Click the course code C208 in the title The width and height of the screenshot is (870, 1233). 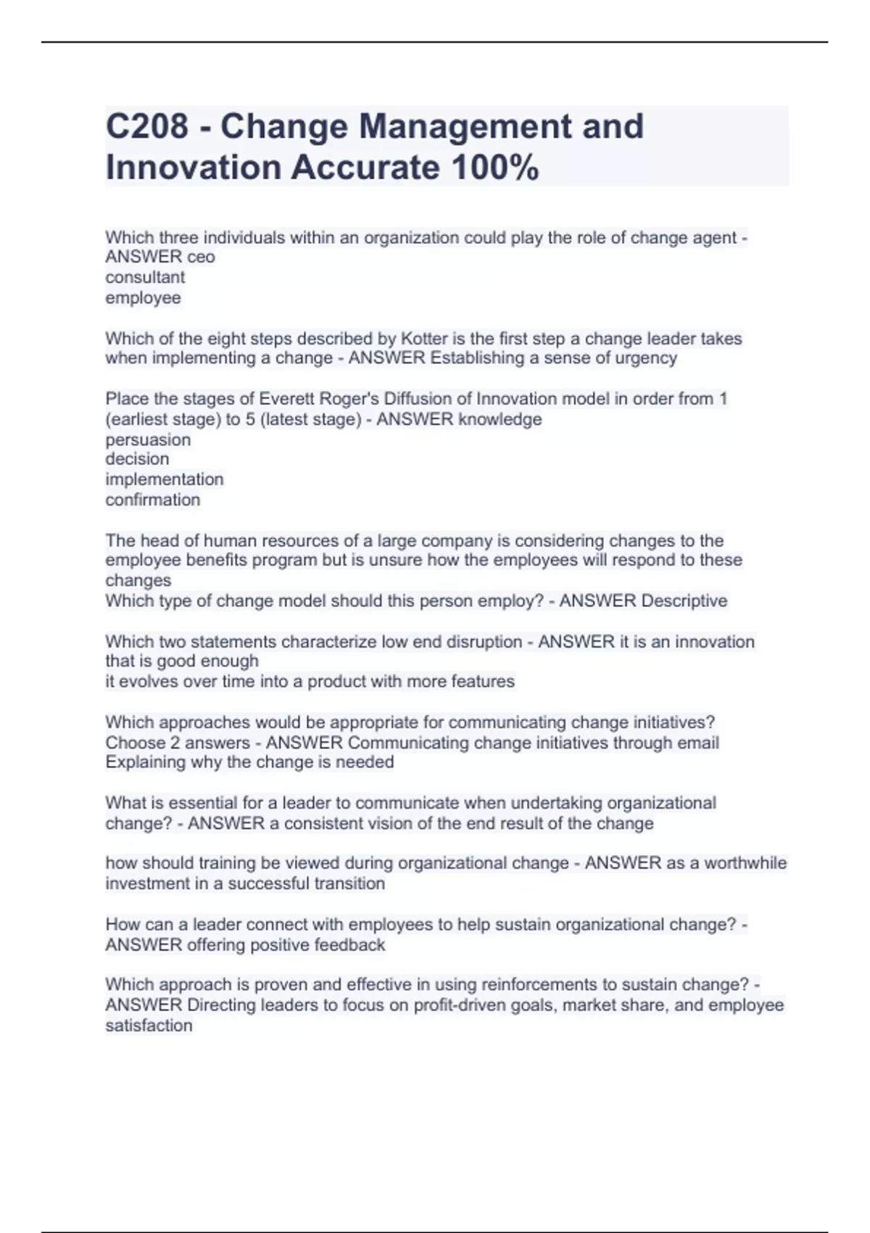click(x=146, y=127)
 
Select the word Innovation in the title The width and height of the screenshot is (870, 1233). click(x=193, y=168)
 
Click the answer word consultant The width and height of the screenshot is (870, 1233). click(x=145, y=277)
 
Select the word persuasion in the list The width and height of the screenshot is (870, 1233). click(x=148, y=440)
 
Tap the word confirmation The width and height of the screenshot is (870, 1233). click(x=152, y=500)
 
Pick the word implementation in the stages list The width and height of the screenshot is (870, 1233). click(x=164, y=479)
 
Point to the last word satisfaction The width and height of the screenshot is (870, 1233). click(x=149, y=1026)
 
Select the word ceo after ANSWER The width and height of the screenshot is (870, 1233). click(x=201, y=257)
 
